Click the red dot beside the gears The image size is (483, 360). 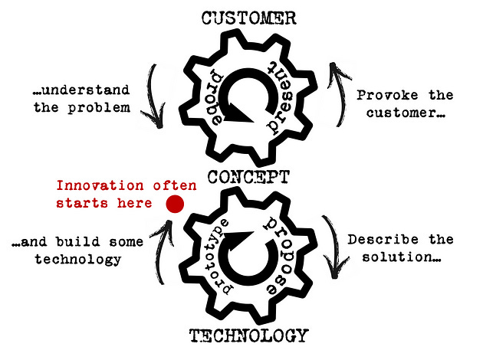[175, 203]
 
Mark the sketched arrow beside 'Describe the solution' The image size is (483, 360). [336, 247]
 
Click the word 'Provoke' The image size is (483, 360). [384, 95]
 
